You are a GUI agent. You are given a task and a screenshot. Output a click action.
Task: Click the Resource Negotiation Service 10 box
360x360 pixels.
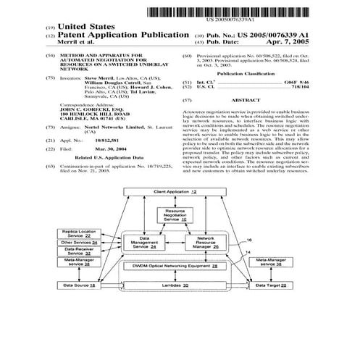click(x=175, y=214)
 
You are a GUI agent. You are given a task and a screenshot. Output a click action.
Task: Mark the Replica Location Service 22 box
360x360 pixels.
click(x=84, y=233)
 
